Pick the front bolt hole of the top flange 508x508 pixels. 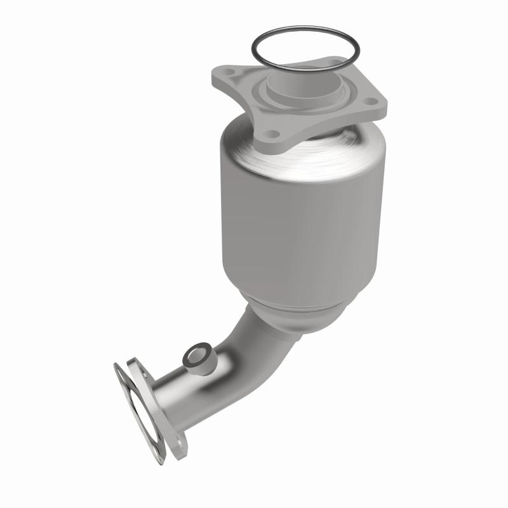pos(273,134)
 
